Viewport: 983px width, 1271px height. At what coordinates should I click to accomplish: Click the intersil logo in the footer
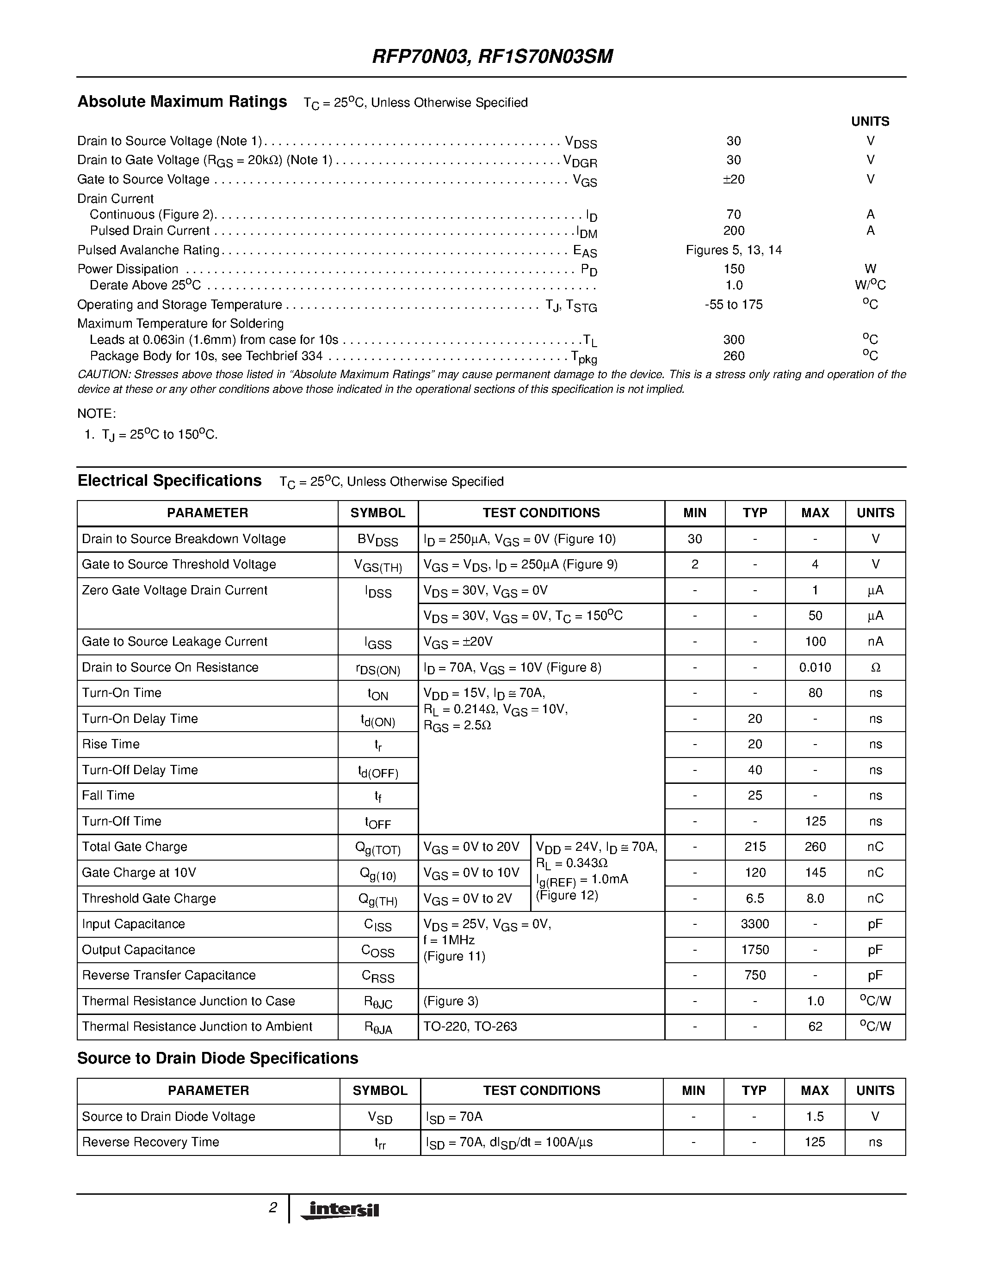[x=340, y=1210]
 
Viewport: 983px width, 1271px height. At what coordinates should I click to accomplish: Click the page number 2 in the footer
[x=272, y=1208]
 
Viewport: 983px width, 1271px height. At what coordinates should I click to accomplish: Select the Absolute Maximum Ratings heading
[x=182, y=102]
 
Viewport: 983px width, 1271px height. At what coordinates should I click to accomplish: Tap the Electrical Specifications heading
[x=169, y=481]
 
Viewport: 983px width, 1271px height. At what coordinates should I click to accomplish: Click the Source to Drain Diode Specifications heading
[x=218, y=1058]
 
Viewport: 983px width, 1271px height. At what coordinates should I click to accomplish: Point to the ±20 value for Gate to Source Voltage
[x=733, y=179]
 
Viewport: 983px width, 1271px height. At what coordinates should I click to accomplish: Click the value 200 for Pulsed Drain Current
[x=734, y=231]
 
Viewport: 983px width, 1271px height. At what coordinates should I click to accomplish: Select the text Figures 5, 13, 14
[x=733, y=250]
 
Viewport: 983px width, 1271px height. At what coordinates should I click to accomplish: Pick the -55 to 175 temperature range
[x=733, y=305]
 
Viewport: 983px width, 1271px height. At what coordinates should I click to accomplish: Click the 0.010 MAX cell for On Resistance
[x=815, y=667]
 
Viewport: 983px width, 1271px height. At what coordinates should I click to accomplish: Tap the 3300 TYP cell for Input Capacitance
[x=755, y=924]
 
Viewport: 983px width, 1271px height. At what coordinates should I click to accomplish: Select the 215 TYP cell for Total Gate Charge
[x=755, y=847]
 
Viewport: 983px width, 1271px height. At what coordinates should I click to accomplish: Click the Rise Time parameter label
[x=111, y=744]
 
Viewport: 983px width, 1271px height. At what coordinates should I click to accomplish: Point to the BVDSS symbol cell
[x=378, y=539]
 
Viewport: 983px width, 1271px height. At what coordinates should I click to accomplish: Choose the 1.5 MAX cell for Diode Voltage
[x=814, y=1116]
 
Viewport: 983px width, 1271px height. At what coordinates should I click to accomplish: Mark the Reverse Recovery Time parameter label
[x=150, y=1142]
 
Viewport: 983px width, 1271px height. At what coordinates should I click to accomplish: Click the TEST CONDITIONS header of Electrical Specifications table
[x=541, y=513]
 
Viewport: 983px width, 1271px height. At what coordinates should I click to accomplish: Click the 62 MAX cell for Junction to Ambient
[x=815, y=1027]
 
